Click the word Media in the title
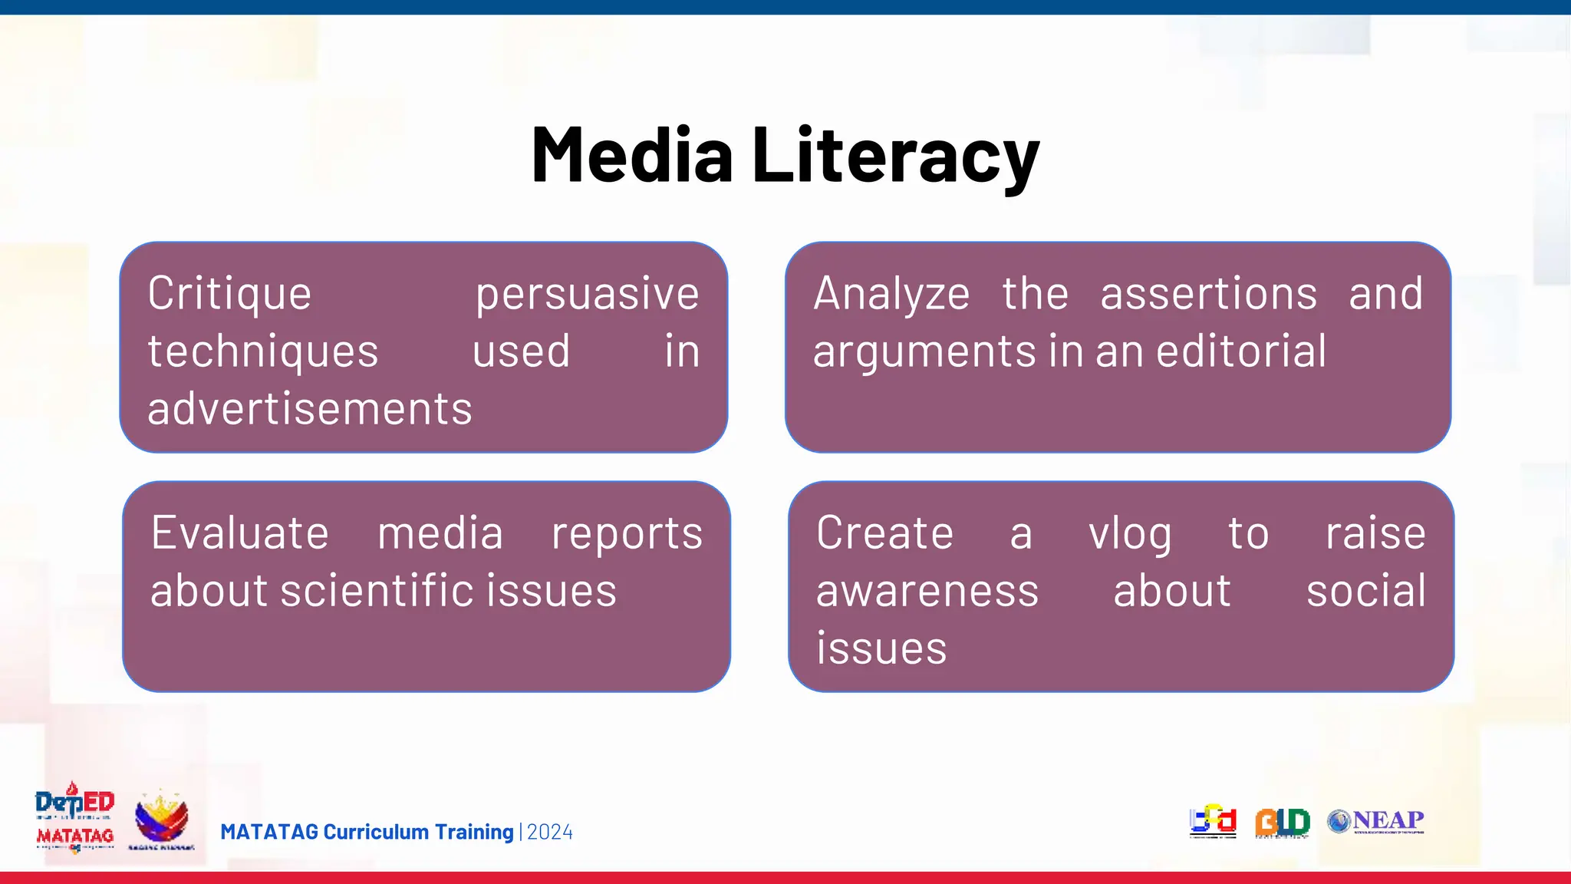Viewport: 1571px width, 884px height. tap(632, 156)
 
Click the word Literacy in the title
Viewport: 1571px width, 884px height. tap(895, 156)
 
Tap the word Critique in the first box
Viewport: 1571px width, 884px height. tap(229, 294)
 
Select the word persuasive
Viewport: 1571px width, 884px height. tap(587, 294)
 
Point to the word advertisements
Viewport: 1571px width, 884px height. tap(310, 409)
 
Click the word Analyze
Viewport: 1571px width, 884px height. tap(891, 294)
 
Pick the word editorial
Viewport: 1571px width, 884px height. tap(1240, 351)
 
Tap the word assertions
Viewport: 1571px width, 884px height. tap(1208, 294)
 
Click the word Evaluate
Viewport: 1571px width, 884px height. tap(239, 533)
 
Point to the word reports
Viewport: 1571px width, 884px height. tap(627, 533)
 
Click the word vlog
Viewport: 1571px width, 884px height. tap(1130, 533)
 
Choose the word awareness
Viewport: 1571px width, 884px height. tap(927, 591)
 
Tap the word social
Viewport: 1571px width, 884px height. tap(1365, 591)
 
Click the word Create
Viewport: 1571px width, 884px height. tap(884, 533)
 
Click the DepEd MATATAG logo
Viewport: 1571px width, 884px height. tap(74, 818)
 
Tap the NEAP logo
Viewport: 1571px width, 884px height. tap(1375, 821)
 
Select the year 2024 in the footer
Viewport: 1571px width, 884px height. tap(549, 833)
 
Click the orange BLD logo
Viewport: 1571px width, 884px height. tap(1282, 823)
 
